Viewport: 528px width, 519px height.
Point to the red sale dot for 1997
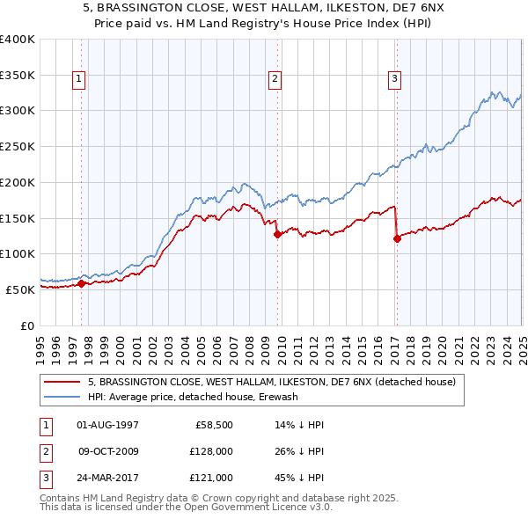click(81, 283)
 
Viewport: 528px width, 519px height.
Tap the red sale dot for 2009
click(277, 234)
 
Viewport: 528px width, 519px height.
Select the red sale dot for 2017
click(397, 238)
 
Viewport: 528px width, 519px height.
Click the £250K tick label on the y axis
click(18, 146)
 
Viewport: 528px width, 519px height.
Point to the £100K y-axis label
click(18, 253)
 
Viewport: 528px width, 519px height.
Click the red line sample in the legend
click(62, 383)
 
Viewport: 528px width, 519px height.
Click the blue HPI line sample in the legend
click(62, 397)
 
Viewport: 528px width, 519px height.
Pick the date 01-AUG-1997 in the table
click(107, 425)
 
